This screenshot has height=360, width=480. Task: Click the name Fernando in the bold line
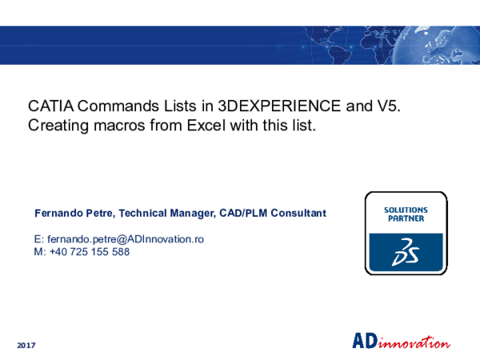point(60,213)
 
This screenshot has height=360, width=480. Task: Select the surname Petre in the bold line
point(104,213)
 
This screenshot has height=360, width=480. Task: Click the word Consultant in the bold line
point(297,213)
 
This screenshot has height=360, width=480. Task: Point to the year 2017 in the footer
point(26,344)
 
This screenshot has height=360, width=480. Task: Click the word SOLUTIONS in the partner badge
point(406,210)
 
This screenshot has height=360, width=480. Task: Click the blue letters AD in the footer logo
point(364,341)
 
